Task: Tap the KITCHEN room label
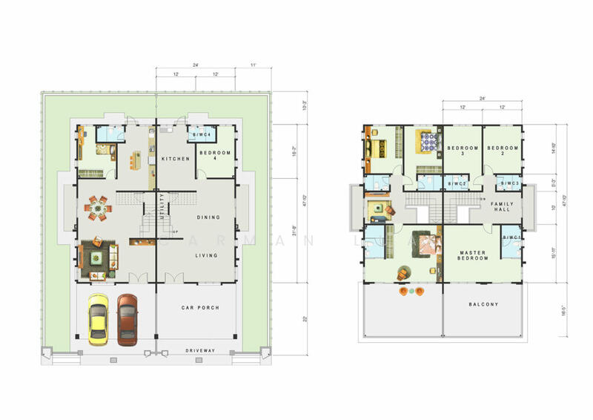click(176, 159)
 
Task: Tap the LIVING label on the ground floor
click(207, 255)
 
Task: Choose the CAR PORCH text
click(199, 307)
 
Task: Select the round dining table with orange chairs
click(98, 209)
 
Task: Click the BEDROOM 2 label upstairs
click(500, 151)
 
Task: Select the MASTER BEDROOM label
click(471, 256)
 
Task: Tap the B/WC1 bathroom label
click(511, 237)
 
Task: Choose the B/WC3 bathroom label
click(508, 183)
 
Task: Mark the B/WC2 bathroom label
click(457, 183)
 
